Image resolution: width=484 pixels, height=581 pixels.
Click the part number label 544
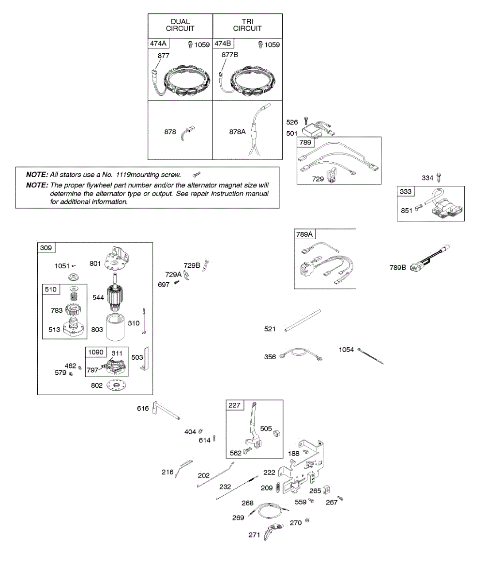tap(98, 297)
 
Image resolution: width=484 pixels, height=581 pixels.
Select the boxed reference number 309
tap(46, 248)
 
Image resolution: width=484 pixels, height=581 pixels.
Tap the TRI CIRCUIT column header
tap(247, 25)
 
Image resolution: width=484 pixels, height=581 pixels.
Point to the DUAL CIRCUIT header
tap(180, 25)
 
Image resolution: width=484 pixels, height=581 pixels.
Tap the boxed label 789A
tap(305, 235)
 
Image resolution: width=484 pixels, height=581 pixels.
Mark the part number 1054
tap(346, 350)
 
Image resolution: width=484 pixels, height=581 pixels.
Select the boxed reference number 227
tap(235, 405)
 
